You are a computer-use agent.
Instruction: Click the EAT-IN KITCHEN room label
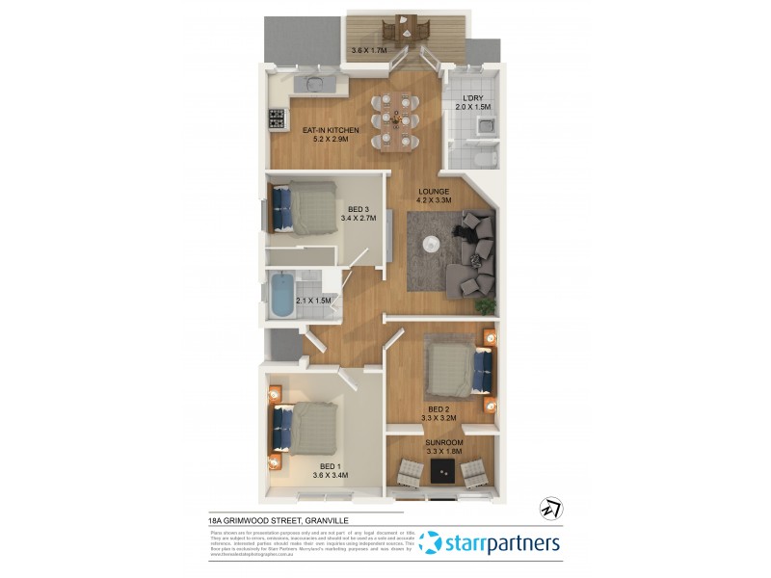click(x=331, y=130)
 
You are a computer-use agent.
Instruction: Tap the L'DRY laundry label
click(x=472, y=98)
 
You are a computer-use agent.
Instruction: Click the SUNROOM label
click(x=444, y=442)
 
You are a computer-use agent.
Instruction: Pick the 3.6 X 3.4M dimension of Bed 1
click(x=330, y=475)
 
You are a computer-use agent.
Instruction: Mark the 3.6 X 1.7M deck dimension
click(x=368, y=50)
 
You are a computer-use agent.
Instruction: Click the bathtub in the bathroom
click(x=280, y=297)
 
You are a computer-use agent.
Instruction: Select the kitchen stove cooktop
click(x=276, y=119)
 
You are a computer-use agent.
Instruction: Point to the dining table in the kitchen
click(x=395, y=120)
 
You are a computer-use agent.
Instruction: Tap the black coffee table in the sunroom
click(x=443, y=469)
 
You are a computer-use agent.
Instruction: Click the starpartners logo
click(x=491, y=542)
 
